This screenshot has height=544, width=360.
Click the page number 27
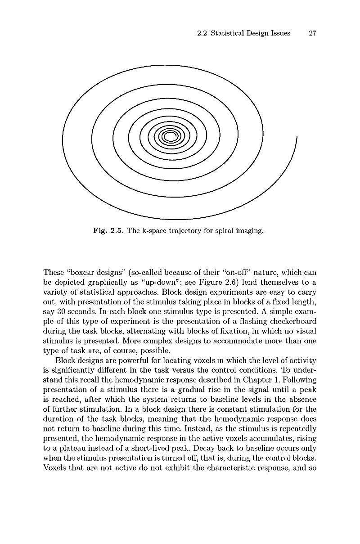tap(313, 33)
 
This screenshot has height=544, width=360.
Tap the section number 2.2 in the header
tap(203, 33)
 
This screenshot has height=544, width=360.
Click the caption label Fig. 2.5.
tap(108, 231)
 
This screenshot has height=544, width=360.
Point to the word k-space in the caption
tap(155, 231)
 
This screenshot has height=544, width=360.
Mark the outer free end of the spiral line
tap(297, 136)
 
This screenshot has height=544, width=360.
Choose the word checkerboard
tap(293, 321)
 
